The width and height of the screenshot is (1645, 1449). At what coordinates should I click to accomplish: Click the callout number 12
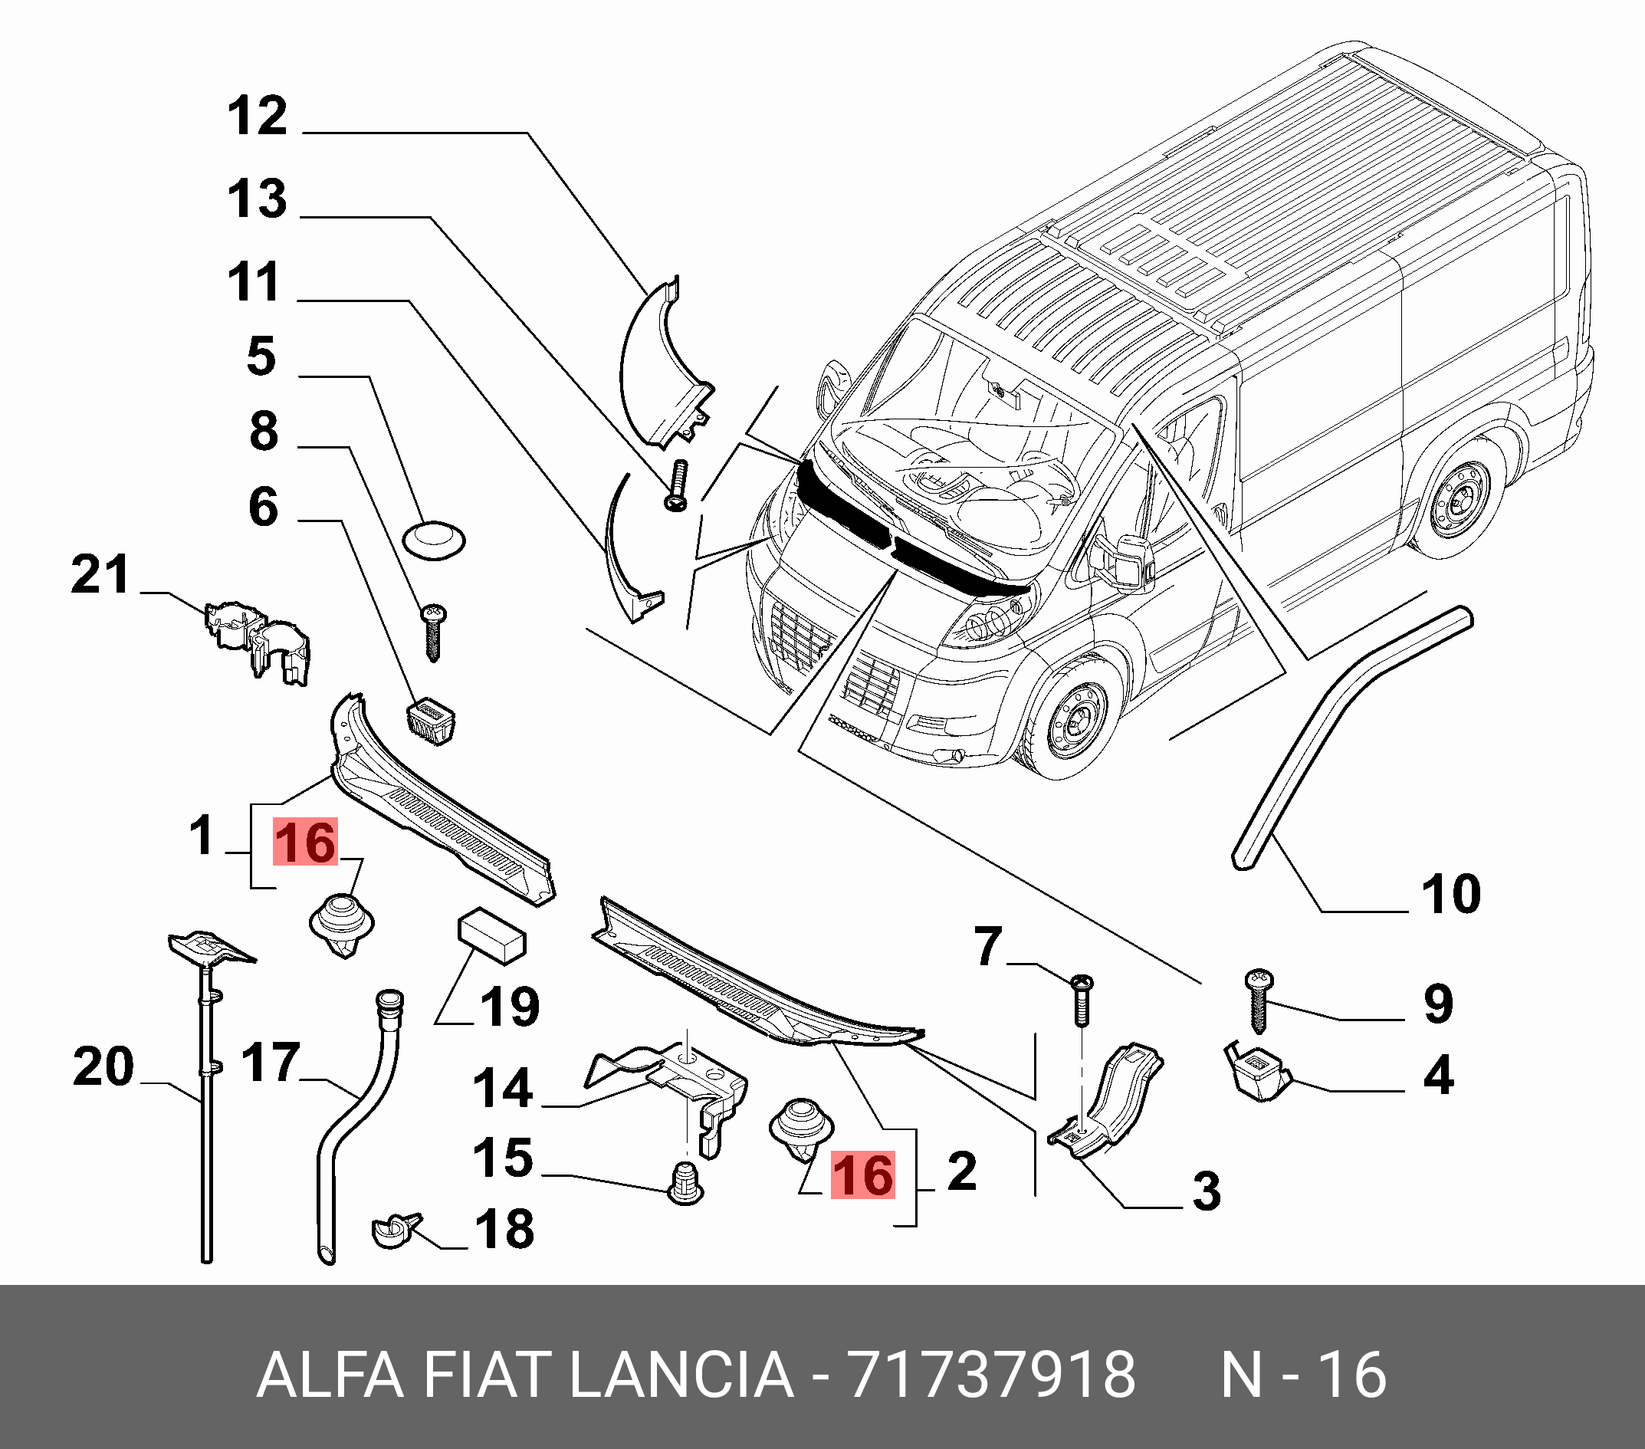pyautogui.click(x=258, y=116)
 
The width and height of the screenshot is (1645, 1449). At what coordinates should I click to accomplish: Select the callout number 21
pyautogui.click(x=100, y=575)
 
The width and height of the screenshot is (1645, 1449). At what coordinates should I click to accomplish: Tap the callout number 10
pyautogui.click(x=1451, y=894)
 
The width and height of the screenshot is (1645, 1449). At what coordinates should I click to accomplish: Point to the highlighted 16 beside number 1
pyautogui.click(x=305, y=843)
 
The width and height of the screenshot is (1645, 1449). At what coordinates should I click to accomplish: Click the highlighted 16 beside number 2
pyautogui.click(x=862, y=1175)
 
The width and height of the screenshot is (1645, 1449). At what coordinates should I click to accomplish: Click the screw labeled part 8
pyautogui.click(x=433, y=632)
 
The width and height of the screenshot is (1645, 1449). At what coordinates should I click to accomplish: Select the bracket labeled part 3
pyautogui.click(x=1107, y=1102)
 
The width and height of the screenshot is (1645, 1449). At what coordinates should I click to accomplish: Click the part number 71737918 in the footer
pyautogui.click(x=991, y=1375)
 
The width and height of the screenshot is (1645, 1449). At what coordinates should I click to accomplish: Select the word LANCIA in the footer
pyautogui.click(x=681, y=1375)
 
